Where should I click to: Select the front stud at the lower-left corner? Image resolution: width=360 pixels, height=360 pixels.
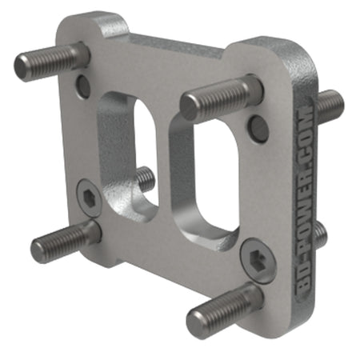[64, 240]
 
